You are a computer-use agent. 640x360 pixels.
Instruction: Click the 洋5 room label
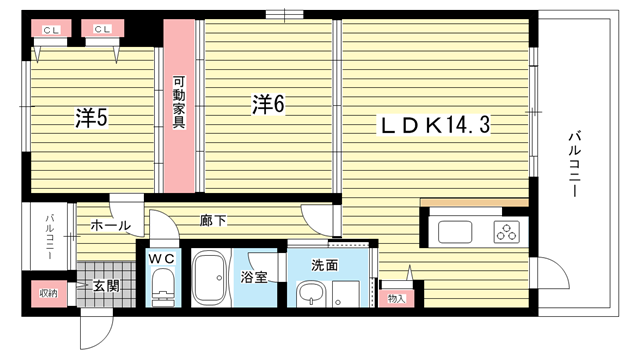coord(91,118)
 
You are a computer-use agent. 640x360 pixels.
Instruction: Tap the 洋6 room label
coord(268,104)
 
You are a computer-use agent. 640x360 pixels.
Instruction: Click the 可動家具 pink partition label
coord(179,102)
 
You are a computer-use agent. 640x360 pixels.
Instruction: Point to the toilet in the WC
coord(164,287)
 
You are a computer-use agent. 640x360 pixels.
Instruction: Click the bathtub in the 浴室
coord(209,278)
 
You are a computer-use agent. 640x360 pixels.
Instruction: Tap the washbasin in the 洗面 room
coord(311,293)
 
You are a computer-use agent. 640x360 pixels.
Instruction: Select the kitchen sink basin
coord(455,232)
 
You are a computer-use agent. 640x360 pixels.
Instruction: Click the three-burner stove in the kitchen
coord(507,232)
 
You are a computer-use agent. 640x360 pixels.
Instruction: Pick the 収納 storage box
coord(49,293)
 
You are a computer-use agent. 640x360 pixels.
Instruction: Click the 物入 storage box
coord(396,298)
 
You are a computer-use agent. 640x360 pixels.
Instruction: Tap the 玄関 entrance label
coord(106,286)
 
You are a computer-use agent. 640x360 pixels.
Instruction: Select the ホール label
coord(110,225)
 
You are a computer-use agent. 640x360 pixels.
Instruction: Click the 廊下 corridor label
coord(213,221)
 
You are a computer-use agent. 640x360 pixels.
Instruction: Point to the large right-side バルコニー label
coord(575,164)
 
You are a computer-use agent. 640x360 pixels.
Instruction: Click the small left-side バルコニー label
coord(50,237)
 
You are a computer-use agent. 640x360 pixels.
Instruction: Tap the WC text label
coord(162,258)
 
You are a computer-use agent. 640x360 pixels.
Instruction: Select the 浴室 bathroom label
coord(253,278)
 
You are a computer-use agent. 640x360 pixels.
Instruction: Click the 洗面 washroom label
coord(325,265)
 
